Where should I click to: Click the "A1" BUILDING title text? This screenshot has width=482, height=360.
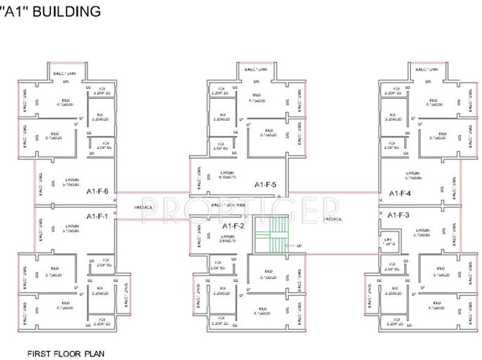click(x=51, y=11)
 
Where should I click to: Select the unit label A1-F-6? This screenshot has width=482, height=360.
click(x=97, y=192)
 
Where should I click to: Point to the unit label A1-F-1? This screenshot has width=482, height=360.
click(x=97, y=216)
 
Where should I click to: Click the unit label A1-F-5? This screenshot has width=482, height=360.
click(x=265, y=184)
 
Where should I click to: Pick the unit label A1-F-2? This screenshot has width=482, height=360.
click(x=233, y=226)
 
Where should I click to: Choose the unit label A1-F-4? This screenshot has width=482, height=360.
click(x=399, y=194)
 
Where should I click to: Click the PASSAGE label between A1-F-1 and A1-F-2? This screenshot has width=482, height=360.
click(x=143, y=207)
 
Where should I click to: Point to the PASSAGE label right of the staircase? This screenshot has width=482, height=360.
click(x=332, y=219)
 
